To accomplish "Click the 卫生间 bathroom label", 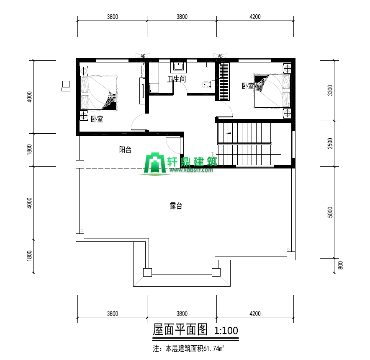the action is tap(177, 79).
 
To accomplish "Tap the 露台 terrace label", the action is tap(176, 206).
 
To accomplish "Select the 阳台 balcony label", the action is tap(125, 150).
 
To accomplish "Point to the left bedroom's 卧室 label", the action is tap(97, 119).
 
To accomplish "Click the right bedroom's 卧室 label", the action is tap(248, 86).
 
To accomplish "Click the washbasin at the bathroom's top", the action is tap(178, 67).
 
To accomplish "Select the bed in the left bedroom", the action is tap(99, 93).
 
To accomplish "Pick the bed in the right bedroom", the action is tap(272, 91).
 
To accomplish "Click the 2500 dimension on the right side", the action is tap(330, 143).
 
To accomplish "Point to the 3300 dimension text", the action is tap(330, 90).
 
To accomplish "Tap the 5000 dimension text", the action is tap(330, 212).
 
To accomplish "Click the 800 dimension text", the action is tap(340, 265).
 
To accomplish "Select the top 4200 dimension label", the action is tap(255, 17).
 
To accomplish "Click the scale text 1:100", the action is tap(226, 331).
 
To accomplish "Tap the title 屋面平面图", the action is tap(180, 329).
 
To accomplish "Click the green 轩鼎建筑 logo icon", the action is tap(155, 163).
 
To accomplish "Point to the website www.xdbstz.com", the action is tap(191, 170).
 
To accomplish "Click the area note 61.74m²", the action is tap(213, 348).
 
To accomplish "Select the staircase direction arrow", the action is tap(228, 133).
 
